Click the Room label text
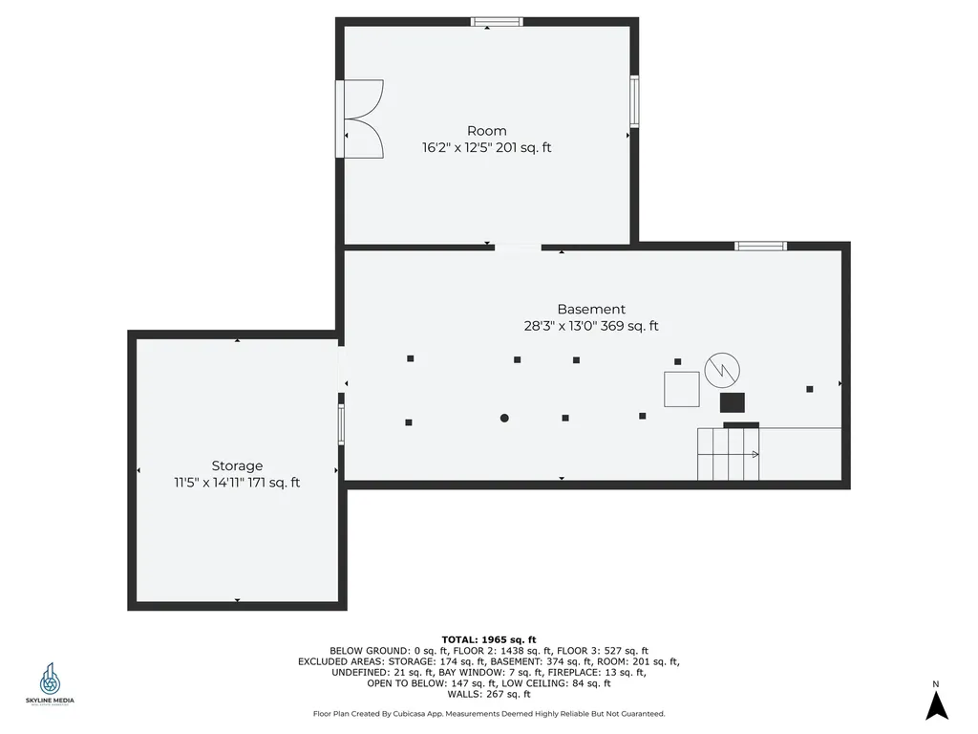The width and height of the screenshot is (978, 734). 486,131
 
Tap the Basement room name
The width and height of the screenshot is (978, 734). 591,309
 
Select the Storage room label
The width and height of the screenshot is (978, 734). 237,465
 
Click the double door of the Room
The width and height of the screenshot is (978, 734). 362,119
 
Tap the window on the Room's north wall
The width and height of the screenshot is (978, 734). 498,21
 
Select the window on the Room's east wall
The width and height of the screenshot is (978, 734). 634,101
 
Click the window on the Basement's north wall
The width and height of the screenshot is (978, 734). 760,246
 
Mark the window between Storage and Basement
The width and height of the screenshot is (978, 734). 341,423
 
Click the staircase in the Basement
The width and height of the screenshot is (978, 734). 728,454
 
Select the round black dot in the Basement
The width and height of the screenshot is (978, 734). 504,418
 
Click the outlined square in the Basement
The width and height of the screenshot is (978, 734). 682,389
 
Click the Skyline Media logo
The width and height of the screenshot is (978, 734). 50,685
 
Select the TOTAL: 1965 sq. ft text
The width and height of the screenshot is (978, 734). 488,639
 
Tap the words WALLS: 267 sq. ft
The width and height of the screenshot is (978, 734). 488,694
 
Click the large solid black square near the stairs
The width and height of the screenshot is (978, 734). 732,401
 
